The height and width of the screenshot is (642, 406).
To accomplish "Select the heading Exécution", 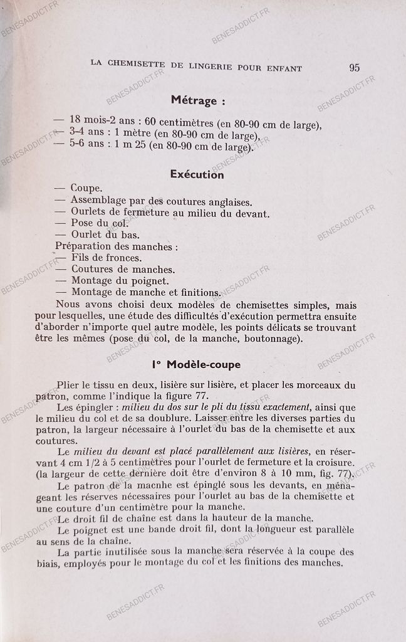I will coord(197,175).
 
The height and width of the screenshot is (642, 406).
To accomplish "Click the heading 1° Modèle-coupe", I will coord(195,364).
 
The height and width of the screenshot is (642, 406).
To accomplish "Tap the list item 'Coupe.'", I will coord(86,188).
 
